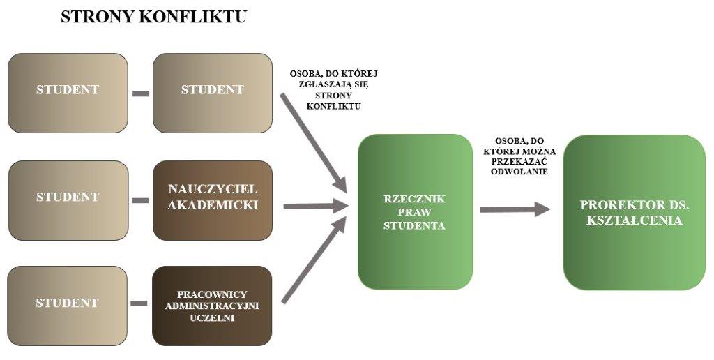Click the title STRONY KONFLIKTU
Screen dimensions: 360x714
click(153, 17)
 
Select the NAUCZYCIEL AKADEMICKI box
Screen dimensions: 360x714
click(213, 200)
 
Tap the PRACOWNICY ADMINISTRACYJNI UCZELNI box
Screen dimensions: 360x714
click(212, 306)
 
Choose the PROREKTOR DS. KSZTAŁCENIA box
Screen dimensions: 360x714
click(634, 212)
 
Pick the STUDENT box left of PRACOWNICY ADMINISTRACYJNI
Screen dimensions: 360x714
click(68, 306)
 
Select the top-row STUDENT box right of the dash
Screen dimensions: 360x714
click(212, 92)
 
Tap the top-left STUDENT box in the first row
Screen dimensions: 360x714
click(68, 92)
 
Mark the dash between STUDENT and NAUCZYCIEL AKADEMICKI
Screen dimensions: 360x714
click(141, 201)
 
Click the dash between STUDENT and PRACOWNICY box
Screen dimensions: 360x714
click(141, 303)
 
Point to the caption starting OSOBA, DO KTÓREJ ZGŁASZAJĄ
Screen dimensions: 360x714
click(333, 89)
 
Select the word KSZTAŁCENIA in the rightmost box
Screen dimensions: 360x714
click(635, 220)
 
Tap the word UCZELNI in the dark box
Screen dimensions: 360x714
click(212, 317)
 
